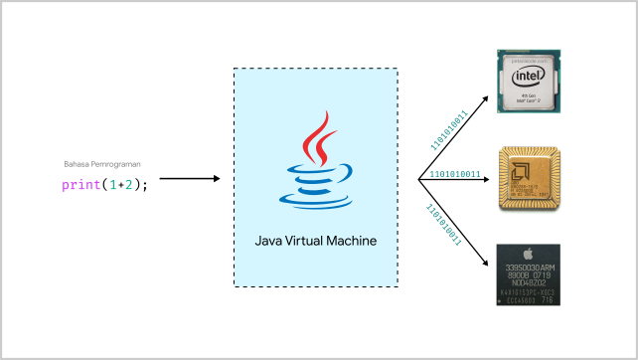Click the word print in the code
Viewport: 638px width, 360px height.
tap(80, 184)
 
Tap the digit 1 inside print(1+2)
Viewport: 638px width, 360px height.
tap(112, 184)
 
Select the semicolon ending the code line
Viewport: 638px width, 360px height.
tap(147, 185)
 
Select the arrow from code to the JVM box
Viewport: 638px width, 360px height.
tap(189, 179)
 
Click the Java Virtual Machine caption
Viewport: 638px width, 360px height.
tap(315, 240)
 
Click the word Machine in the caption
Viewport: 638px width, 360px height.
tap(353, 240)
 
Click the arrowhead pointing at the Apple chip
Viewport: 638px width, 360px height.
tap(486, 262)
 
